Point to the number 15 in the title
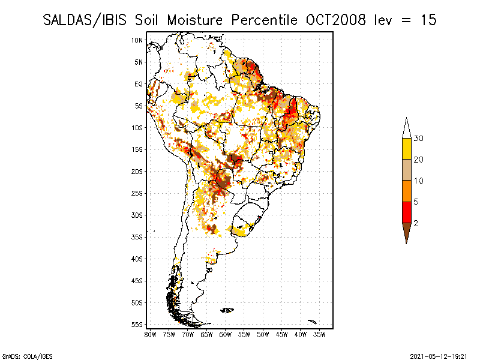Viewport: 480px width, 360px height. (428, 20)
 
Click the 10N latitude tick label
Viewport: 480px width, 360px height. (137, 40)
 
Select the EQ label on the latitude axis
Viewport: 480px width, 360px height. (139, 84)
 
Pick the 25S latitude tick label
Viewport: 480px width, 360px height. (137, 193)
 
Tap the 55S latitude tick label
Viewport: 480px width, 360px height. (137, 325)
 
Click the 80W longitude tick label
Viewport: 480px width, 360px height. (150, 334)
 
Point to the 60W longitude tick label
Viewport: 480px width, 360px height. (226, 334)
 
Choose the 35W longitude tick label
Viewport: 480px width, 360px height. (319, 334)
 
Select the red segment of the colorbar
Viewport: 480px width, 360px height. (407, 212)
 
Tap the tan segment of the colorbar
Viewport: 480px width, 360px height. (407, 170)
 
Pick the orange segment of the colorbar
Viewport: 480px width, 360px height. (407, 191)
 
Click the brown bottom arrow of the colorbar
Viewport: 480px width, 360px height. (407, 232)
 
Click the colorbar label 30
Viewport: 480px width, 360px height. (419, 139)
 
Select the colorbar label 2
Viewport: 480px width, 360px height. (416, 223)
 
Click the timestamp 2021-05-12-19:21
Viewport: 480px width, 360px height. (439, 356)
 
